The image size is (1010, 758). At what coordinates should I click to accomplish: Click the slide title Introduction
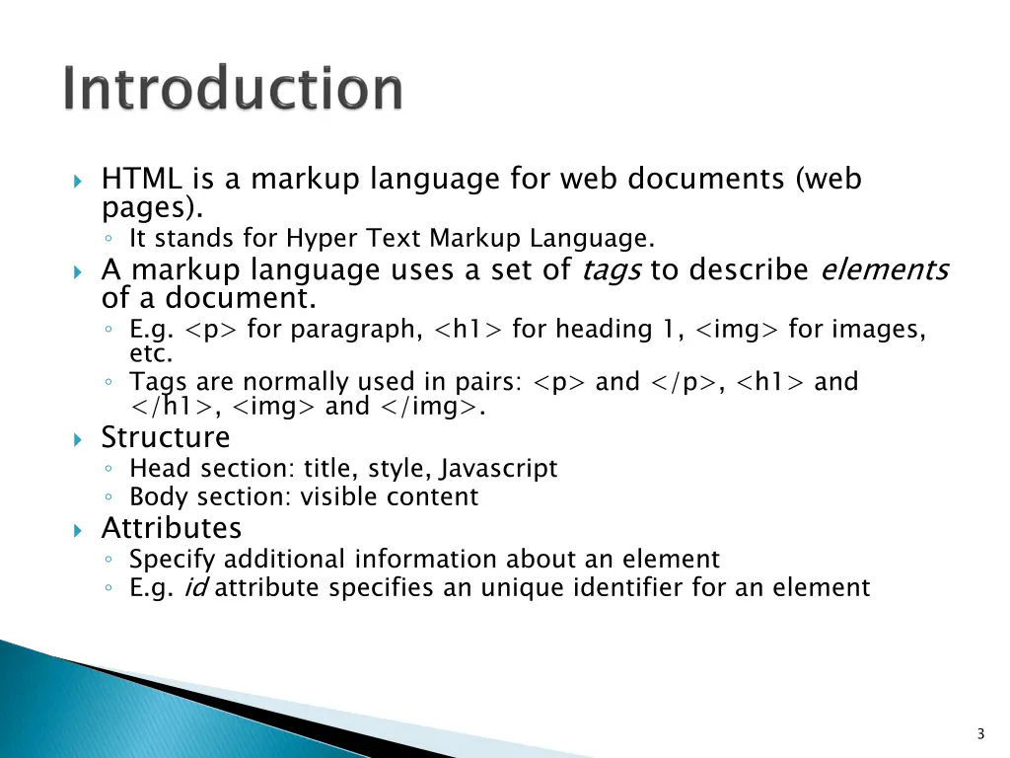tap(233, 90)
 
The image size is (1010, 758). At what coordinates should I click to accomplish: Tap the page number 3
tap(980, 733)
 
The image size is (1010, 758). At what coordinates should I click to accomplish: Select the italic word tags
tap(612, 269)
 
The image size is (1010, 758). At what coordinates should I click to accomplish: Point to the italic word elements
tap(884, 269)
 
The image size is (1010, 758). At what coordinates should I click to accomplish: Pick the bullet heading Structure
tap(166, 437)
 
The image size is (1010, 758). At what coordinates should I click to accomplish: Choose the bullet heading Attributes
tap(171, 528)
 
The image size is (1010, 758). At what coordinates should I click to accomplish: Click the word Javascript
tap(499, 468)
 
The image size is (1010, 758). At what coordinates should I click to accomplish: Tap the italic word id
tap(194, 588)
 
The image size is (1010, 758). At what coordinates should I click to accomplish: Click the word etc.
tap(151, 353)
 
